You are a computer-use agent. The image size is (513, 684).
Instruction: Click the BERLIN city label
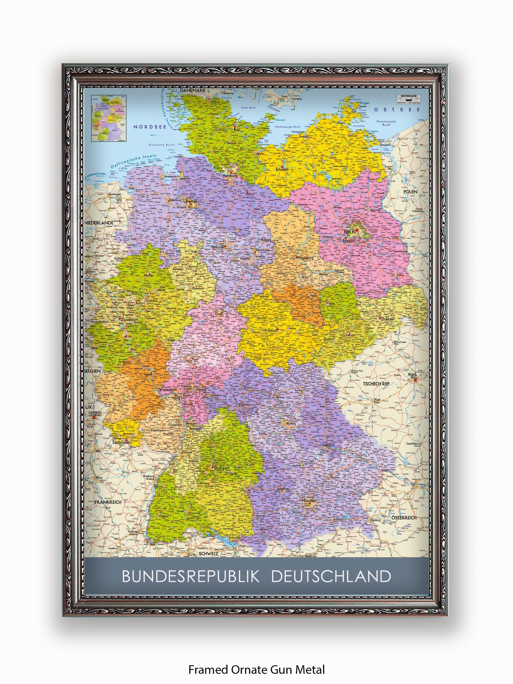(349, 232)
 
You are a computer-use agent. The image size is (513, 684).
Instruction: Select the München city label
(309, 501)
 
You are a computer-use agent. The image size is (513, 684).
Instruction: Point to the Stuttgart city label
(222, 468)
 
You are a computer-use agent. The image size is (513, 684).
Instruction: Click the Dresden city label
(388, 319)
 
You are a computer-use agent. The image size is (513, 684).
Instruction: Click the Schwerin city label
(282, 170)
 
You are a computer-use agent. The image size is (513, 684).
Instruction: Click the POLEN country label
(410, 192)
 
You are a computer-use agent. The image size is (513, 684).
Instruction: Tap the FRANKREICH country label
(108, 502)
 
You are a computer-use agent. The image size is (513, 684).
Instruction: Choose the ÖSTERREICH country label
(404, 518)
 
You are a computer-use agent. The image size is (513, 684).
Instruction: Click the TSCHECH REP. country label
(377, 384)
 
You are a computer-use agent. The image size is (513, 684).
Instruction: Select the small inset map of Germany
(107, 118)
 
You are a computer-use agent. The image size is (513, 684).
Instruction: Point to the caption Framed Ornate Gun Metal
(256, 660)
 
